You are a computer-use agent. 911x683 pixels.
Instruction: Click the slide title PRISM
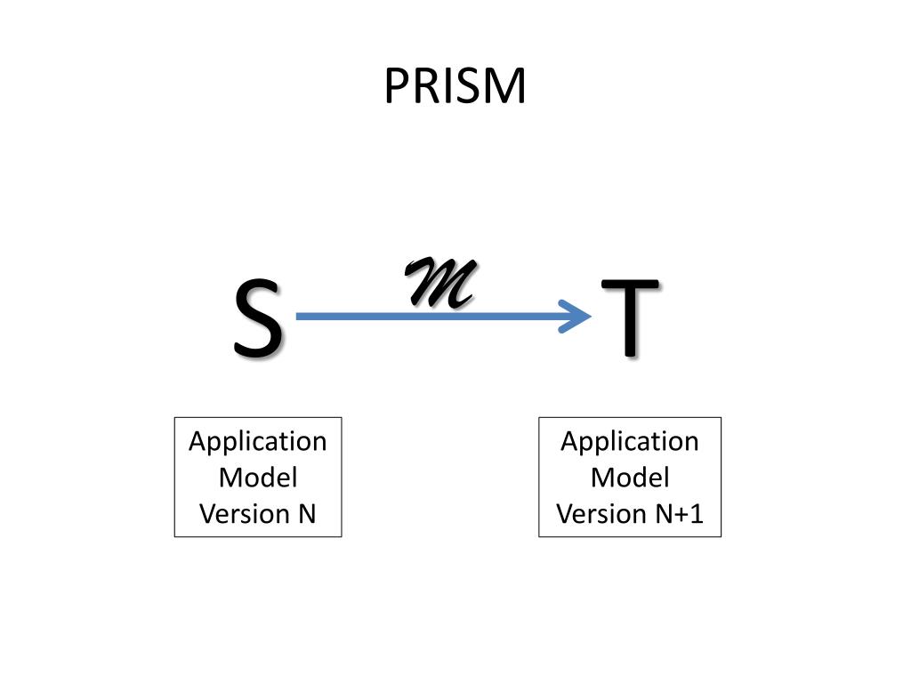coord(455,86)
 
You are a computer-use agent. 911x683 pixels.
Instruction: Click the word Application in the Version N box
coord(258,441)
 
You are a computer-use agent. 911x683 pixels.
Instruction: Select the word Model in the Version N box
coord(258,478)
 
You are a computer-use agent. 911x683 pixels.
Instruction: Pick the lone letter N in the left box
coord(307,514)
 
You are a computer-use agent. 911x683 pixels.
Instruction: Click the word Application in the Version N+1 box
coord(630,441)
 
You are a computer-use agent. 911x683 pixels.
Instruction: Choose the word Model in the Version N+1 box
coord(630,478)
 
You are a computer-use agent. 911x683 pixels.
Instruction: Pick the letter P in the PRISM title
coord(394,87)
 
